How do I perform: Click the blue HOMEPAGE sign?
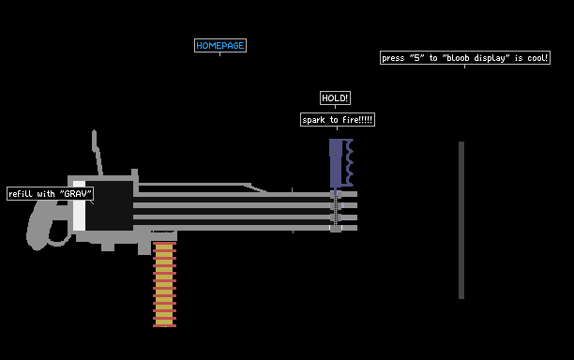pos(220,45)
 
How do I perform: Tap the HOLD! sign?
pos(335,98)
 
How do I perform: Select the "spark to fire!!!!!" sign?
pos(338,120)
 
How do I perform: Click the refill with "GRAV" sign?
pos(50,193)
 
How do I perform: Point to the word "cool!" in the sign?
pos(537,58)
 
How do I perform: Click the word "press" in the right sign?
pos(393,58)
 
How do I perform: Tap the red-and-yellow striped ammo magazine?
pos(164,284)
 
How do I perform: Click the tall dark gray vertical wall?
pos(461,220)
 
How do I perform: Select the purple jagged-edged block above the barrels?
pos(340,163)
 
